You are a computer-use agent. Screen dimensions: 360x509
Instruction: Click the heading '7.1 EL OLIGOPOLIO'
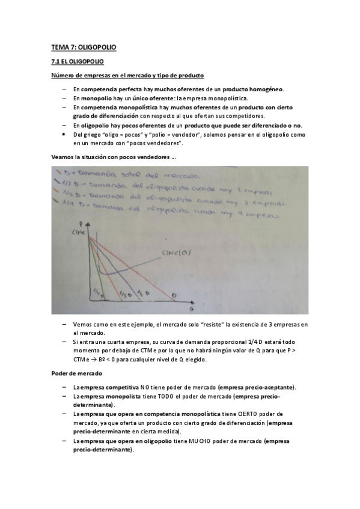click(77, 61)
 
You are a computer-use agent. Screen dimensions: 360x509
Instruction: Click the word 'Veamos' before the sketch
click(62, 157)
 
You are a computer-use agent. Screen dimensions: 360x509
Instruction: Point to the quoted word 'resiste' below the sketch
click(213, 324)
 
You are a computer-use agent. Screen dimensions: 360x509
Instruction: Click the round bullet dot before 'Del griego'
click(64, 134)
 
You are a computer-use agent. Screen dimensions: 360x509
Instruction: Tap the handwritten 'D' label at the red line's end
click(174, 295)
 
